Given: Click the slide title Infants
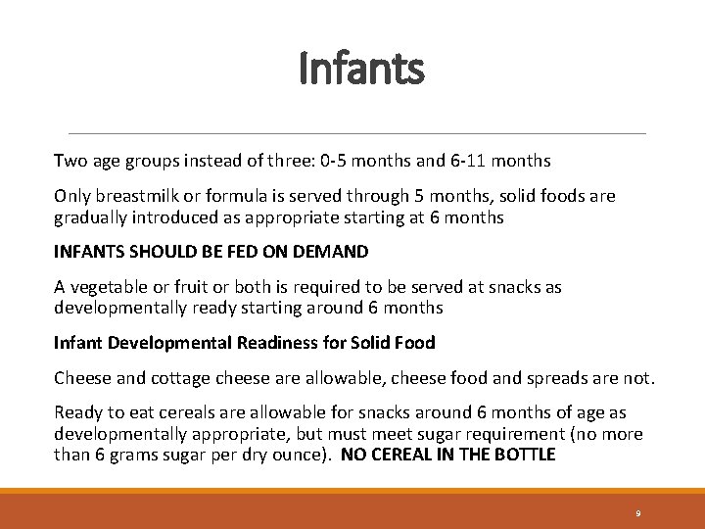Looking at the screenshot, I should (361, 70).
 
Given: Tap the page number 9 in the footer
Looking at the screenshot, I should (637, 513).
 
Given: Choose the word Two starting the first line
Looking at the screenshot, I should (69, 160).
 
